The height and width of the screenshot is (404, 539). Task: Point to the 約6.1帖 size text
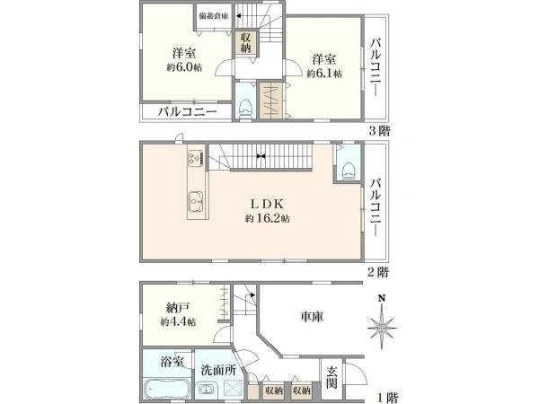(x=326, y=74)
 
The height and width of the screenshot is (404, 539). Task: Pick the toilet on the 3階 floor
(x=245, y=104)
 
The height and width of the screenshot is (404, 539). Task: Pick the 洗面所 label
(x=217, y=368)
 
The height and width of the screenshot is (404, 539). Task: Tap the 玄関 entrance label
(x=332, y=377)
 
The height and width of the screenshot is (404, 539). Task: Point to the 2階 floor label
(x=377, y=270)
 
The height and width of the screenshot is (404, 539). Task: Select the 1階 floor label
(x=388, y=397)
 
